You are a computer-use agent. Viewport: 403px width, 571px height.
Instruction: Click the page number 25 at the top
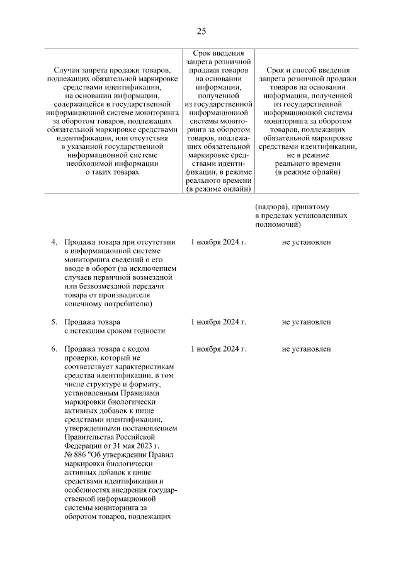201,32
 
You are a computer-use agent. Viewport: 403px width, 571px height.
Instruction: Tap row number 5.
54,322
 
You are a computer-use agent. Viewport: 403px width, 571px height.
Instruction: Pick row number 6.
54,349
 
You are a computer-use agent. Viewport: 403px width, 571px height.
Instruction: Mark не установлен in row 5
306,322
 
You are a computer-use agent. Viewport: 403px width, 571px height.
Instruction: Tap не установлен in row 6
306,349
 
